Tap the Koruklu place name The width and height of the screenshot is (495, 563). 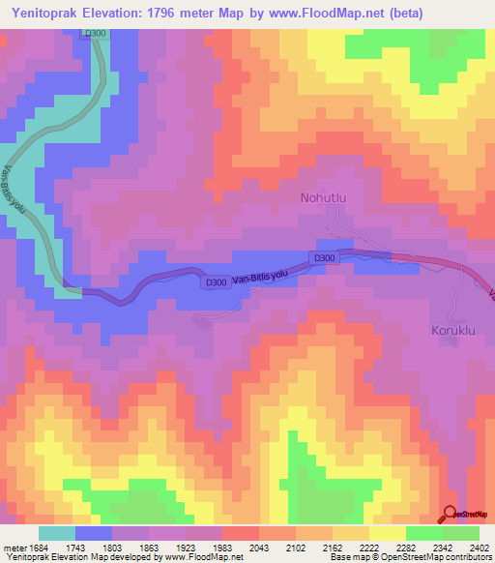[455, 330]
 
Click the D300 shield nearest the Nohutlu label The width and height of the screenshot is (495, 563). [324, 257]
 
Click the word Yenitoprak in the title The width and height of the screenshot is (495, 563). [49, 12]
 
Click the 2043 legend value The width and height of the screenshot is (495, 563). [258, 548]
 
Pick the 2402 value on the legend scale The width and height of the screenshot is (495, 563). [480, 548]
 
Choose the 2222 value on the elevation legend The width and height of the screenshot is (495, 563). [369, 548]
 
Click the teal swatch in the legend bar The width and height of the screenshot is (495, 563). [57, 533]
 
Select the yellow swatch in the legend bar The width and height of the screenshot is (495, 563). [388, 533]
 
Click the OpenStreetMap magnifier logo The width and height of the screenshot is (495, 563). [451, 515]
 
